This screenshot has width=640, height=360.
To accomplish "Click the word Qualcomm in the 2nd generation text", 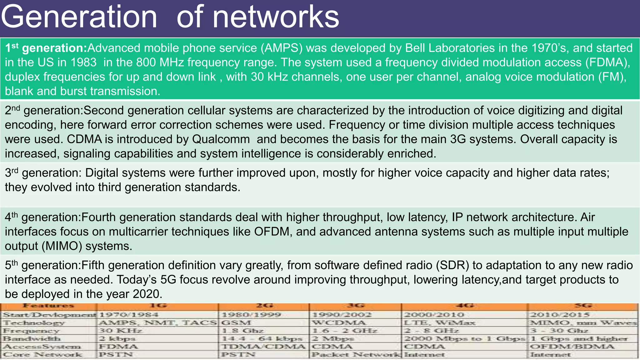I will [221, 139].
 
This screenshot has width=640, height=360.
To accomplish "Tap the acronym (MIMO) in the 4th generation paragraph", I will [62, 246].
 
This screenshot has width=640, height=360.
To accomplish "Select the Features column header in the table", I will [48, 306].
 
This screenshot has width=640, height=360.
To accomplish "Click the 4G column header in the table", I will [465, 306].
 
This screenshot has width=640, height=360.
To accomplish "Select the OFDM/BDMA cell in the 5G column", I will [572, 347].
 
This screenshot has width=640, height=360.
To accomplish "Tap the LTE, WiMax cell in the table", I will [439, 323].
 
